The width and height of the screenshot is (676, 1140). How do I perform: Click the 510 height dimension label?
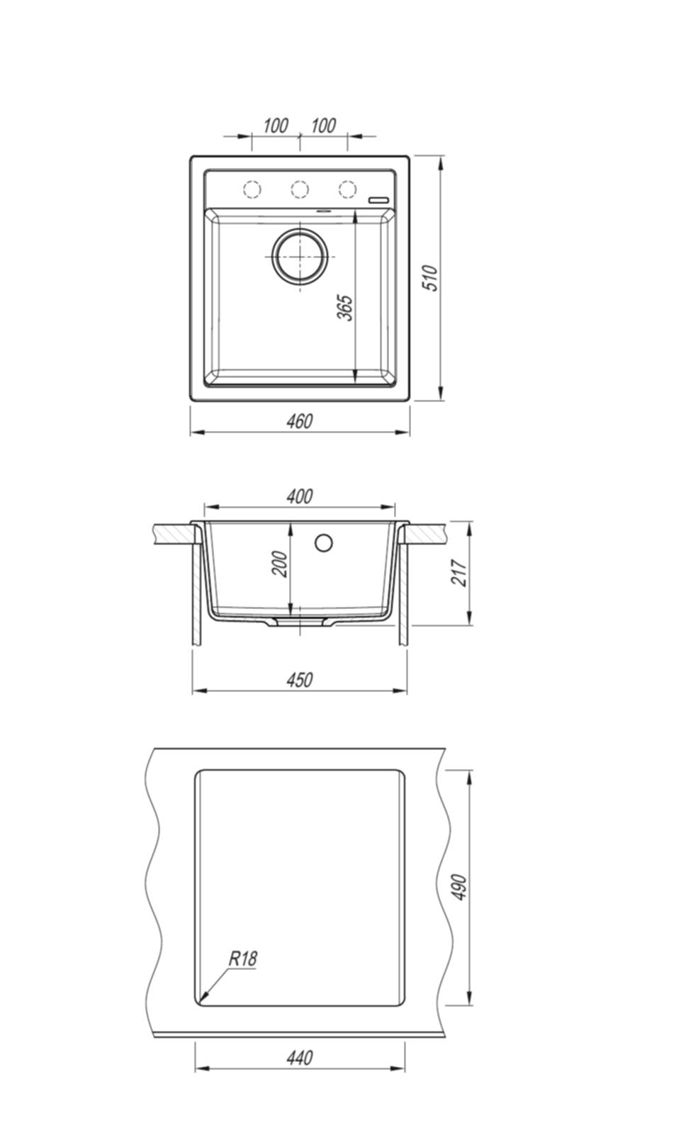tap(431, 278)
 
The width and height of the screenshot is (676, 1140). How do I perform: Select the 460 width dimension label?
tap(300, 421)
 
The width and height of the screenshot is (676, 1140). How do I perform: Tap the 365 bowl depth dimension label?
tap(345, 308)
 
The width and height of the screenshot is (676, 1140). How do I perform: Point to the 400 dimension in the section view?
tap(300, 496)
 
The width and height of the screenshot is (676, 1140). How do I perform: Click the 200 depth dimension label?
tap(281, 564)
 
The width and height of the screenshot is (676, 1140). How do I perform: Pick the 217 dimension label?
tap(459, 573)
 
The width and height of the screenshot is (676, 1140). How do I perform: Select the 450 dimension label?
tap(300, 679)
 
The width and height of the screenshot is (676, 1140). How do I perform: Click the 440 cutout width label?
tap(300, 1058)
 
